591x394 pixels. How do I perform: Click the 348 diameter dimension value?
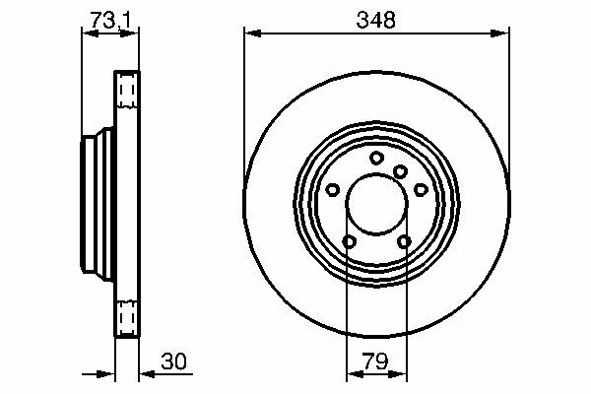376,20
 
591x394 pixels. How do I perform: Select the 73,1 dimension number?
110,20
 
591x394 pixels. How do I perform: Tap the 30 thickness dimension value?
173,361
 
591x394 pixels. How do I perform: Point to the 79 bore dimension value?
375,361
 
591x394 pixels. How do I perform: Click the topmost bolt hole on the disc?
376,158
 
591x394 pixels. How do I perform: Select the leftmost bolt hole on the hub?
333,190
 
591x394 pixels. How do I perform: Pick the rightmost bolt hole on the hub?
421,190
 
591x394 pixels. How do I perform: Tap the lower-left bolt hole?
350,241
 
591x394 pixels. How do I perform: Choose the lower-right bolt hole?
405,241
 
